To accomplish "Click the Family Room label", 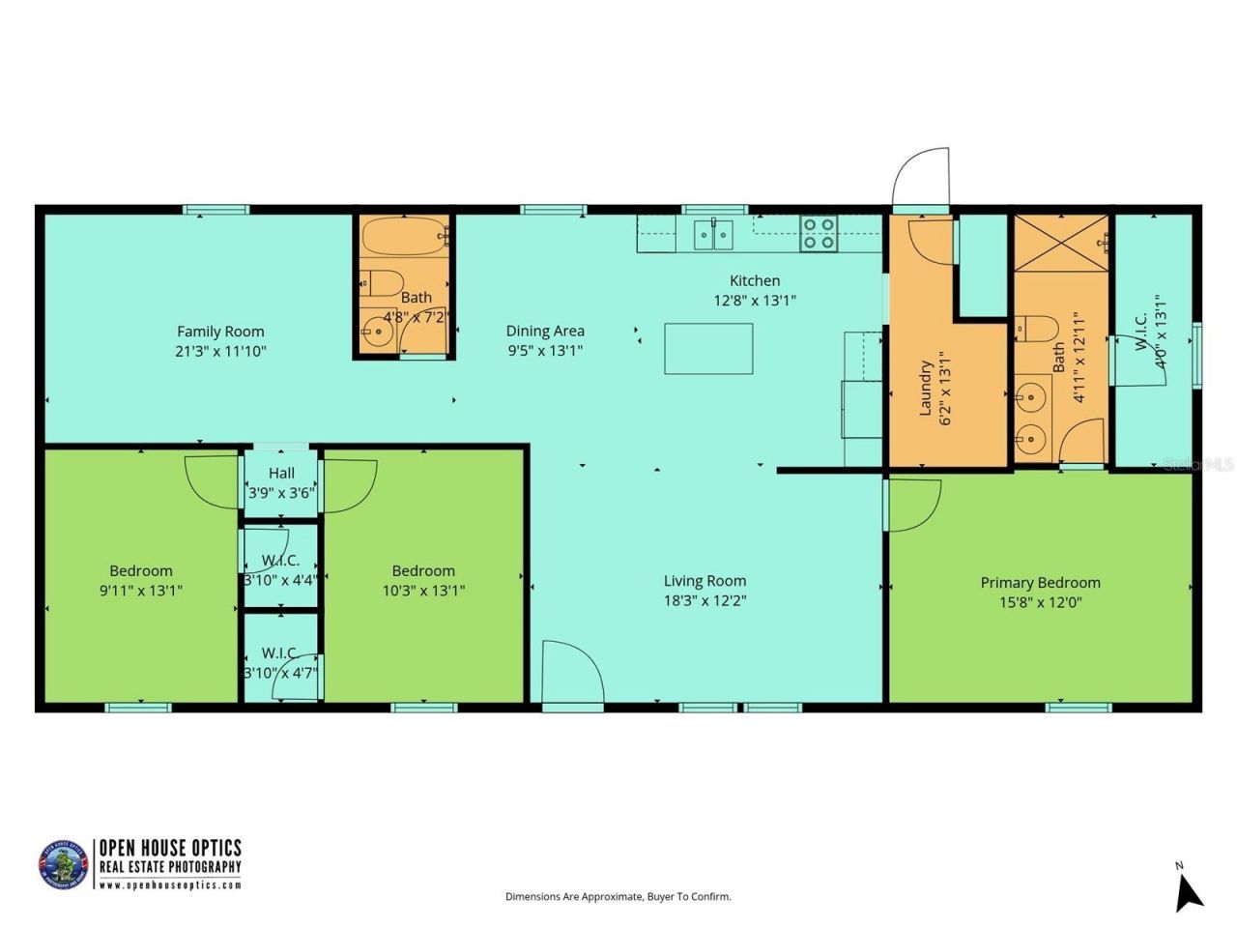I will click(220, 332).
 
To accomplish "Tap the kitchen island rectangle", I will click(708, 348).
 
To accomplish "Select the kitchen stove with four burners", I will click(819, 233).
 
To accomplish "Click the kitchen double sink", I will click(712, 233).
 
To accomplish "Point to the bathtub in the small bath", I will click(405, 236).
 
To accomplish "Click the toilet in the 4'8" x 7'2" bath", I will click(384, 283).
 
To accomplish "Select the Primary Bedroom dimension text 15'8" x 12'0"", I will click(1040, 602).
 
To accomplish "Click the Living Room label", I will click(705, 581).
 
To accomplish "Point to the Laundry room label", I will click(925, 389).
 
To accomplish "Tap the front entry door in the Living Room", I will click(570, 674).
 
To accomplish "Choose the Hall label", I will click(281, 473).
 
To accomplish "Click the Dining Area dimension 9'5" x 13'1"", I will click(545, 351).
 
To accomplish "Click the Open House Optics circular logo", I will click(63, 864).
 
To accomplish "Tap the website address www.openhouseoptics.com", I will click(170, 885).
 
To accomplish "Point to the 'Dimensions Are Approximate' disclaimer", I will click(618, 897).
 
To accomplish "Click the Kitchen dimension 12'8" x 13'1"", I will click(754, 301).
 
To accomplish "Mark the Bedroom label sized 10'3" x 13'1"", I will click(423, 571).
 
